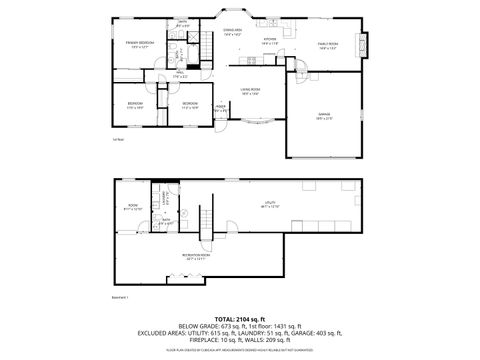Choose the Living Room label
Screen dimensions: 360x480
click(x=249, y=90)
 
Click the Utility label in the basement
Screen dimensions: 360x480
click(x=270, y=204)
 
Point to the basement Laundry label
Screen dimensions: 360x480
click(x=160, y=197)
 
